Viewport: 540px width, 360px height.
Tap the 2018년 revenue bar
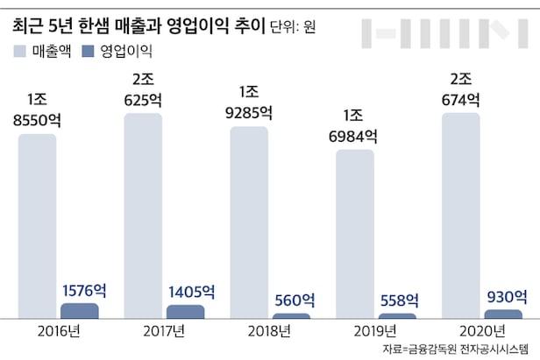(x=250, y=222)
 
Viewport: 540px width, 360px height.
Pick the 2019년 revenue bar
(x=355, y=233)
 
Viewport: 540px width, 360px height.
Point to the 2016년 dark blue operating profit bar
(x=80, y=311)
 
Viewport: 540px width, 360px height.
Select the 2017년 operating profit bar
(x=186, y=312)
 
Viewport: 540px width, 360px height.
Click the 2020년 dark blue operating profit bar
(x=502, y=314)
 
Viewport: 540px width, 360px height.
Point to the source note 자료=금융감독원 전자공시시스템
(x=456, y=349)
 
